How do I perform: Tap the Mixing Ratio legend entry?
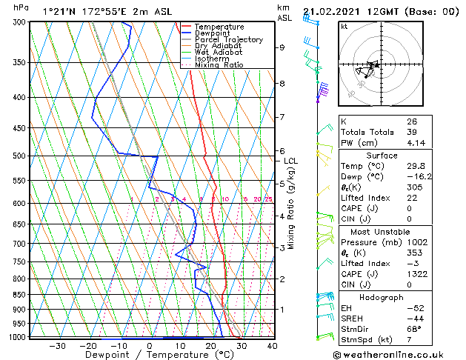(219, 65)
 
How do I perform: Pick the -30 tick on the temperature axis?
(57, 345)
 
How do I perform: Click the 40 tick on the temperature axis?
(272, 345)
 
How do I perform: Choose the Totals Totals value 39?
(411, 132)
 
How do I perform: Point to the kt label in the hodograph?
(344, 26)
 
